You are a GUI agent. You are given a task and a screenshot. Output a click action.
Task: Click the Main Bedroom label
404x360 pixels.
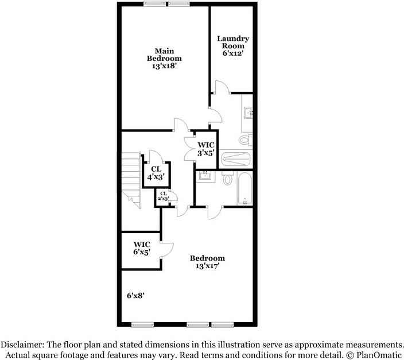tap(164, 54)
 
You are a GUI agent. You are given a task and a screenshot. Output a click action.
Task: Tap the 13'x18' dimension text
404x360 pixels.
tap(164, 66)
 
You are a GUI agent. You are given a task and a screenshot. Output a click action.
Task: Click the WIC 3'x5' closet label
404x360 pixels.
tap(205, 149)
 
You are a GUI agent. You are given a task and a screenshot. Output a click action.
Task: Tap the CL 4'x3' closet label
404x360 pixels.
tap(156, 173)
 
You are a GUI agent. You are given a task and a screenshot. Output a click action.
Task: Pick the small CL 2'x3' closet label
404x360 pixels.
tap(163, 196)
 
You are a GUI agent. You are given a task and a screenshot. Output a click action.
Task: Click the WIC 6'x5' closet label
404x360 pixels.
tap(142, 248)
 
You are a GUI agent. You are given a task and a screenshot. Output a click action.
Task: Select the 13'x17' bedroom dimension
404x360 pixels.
tap(207, 266)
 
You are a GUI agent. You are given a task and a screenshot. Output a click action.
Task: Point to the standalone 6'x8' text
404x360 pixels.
tap(135, 295)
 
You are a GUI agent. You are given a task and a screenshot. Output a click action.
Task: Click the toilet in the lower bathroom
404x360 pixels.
tap(227, 180)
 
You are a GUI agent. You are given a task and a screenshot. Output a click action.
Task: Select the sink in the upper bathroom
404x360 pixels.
tap(248, 113)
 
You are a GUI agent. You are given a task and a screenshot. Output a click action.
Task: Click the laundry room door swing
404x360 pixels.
tap(222, 86)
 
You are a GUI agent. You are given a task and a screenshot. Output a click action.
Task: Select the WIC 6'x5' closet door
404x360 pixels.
tap(167, 247)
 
